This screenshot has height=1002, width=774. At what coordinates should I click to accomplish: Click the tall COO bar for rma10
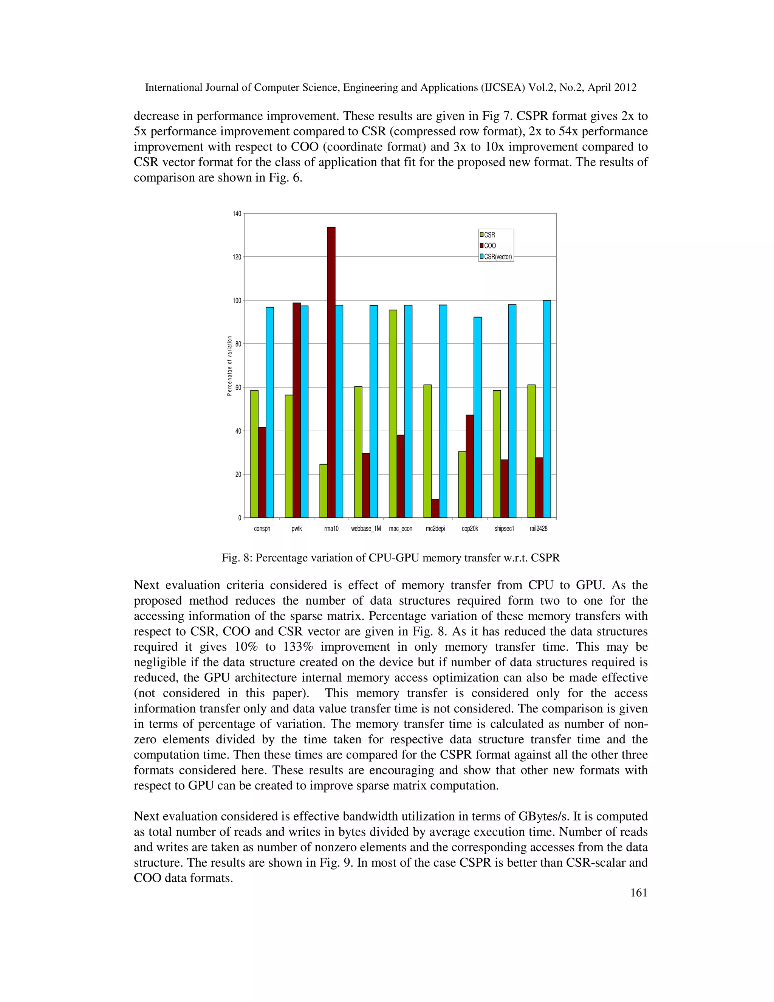coord(331,372)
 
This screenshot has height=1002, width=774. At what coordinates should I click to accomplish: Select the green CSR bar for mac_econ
coord(393,413)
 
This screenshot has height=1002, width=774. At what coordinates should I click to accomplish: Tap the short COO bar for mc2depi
coord(435,508)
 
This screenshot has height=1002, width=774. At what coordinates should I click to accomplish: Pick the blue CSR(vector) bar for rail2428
coord(546,408)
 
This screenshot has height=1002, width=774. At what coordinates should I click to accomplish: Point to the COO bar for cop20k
coord(470,466)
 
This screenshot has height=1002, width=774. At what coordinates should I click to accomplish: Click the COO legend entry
coord(489,245)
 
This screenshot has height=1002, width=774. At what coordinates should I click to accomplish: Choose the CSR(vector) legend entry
coord(497,256)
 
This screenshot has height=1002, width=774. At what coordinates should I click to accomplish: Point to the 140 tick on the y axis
coord(237,214)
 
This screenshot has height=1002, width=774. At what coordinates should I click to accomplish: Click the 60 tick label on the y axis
coord(237,388)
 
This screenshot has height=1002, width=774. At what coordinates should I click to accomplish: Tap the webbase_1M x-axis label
coord(366,529)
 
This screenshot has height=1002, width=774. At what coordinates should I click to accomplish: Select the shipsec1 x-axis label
coord(504,529)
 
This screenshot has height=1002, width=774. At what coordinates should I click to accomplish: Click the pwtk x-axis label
coord(297,529)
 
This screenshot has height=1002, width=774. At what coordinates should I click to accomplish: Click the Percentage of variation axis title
coord(229,366)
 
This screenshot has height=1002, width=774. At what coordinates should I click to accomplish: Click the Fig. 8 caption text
coord(390,558)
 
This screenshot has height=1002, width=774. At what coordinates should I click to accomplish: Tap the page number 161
coord(639,892)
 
